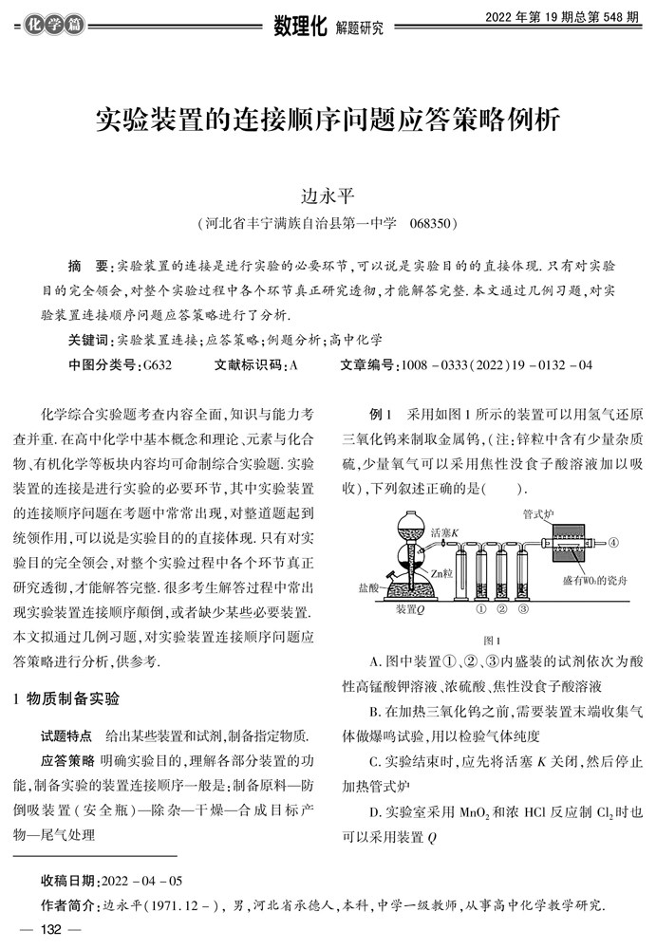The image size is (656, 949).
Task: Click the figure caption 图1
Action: (493, 641)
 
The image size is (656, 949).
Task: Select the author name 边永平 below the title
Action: (328, 195)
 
